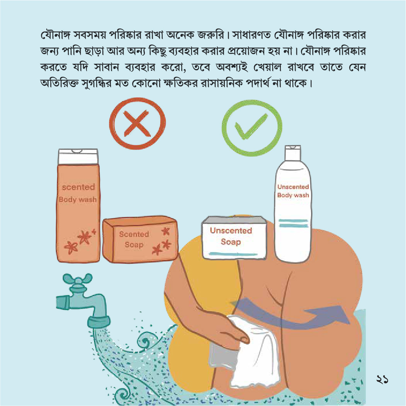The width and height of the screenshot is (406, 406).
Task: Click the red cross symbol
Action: pos(137,124)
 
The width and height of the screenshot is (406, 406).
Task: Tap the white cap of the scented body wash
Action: pos(78,156)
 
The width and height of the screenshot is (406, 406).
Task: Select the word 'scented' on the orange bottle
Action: pos(78,187)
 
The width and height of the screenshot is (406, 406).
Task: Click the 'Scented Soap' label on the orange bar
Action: pos(134,239)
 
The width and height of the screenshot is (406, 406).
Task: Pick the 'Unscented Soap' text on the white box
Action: pos(231,236)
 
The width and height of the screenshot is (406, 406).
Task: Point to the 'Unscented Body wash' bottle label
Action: pos(293,191)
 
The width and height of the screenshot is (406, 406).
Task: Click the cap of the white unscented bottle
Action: pos(293,153)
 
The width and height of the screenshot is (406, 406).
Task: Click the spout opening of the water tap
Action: pos(99,322)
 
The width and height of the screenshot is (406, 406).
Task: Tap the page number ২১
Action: pos(382,380)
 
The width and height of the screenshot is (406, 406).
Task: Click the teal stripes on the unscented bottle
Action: pos(293,223)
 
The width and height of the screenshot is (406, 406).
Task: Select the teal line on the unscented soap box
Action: pos(233,254)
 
